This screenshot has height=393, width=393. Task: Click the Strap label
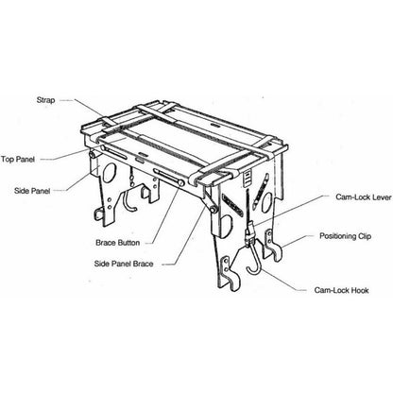click(56, 95)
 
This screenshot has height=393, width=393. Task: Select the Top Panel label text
click(20, 160)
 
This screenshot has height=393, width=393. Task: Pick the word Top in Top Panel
click(8, 160)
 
